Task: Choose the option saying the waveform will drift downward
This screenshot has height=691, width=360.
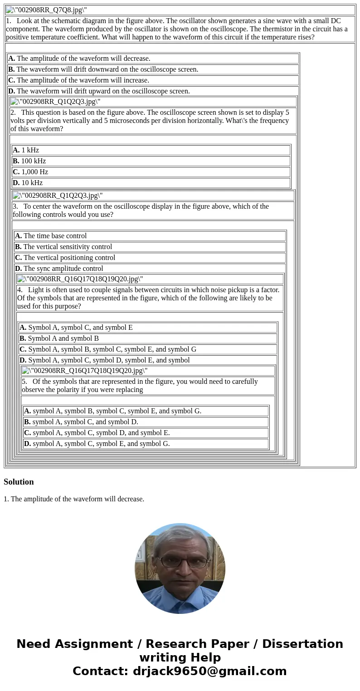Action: pos(103,69)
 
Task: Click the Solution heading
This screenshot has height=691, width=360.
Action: pos(19,482)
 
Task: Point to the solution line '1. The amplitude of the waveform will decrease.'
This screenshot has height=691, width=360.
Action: pos(74,499)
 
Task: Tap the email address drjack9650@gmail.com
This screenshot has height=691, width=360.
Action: pos(210,671)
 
